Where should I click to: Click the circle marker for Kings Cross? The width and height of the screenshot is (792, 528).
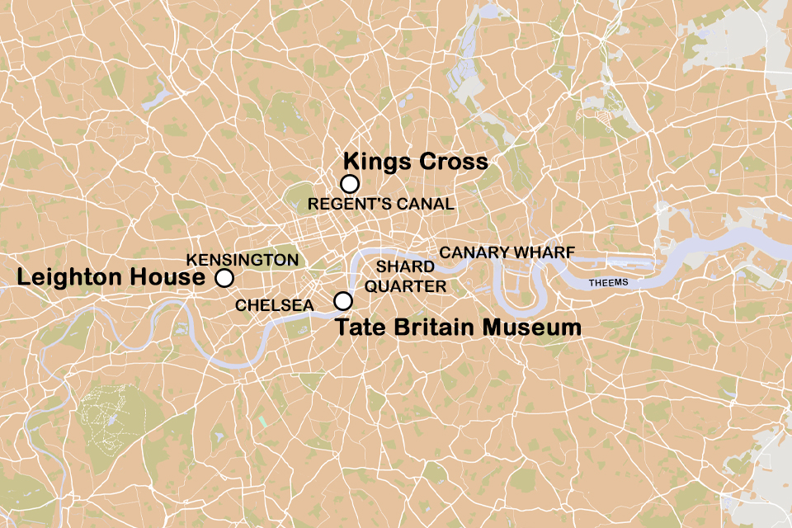coord(350,184)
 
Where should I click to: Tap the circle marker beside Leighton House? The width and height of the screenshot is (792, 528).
coord(224,278)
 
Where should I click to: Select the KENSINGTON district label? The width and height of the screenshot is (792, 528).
coord(243,260)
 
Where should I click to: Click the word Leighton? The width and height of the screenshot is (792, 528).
coord(68,278)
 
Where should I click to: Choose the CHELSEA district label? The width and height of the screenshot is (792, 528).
coord(275,305)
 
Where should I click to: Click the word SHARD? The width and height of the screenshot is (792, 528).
coord(405,267)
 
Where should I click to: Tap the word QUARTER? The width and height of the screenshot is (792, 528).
coord(405,286)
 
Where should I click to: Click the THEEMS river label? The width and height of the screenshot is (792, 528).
coord(609,283)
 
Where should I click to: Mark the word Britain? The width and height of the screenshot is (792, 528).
coord(431,328)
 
